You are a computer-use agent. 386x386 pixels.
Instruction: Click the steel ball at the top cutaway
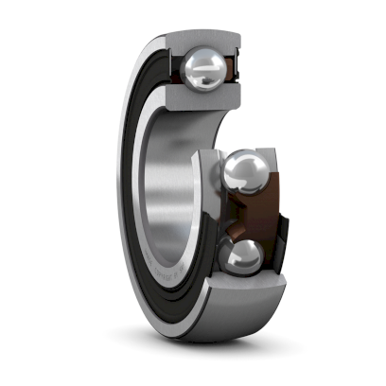(205, 69)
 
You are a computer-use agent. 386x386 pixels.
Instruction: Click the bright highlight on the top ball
(199, 61)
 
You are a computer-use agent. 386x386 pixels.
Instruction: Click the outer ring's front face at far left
(124, 189)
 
